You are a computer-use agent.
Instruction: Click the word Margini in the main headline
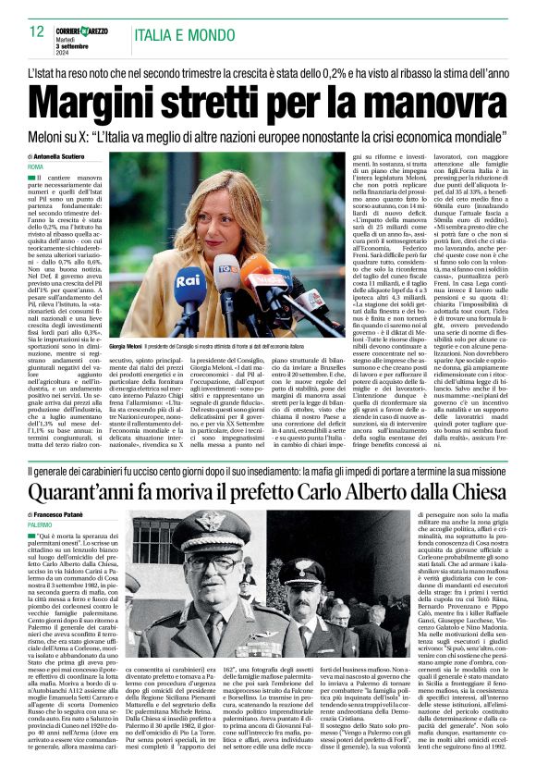pyautogui.click(x=110, y=93)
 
